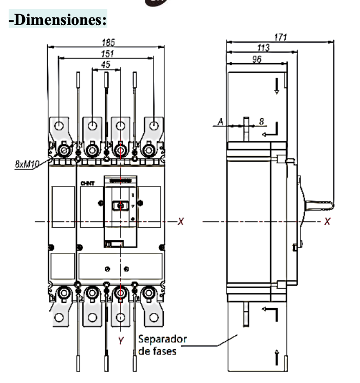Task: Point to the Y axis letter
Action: (122, 342)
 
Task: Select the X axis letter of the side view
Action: (327, 221)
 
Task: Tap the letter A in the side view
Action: (220, 122)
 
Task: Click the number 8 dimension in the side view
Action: (262, 122)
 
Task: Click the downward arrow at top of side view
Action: (277, 86)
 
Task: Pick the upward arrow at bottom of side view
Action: (277, 358)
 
